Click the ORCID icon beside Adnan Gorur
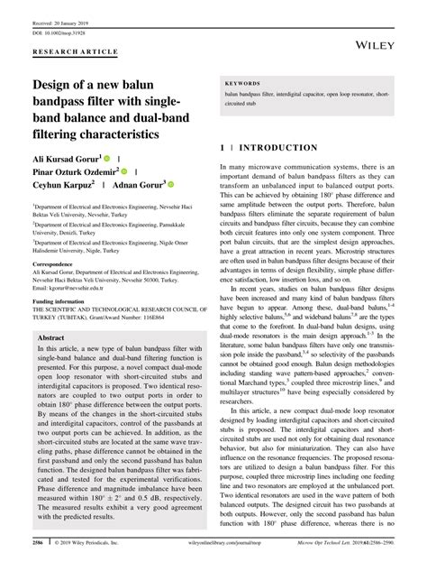click(170, 184)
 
